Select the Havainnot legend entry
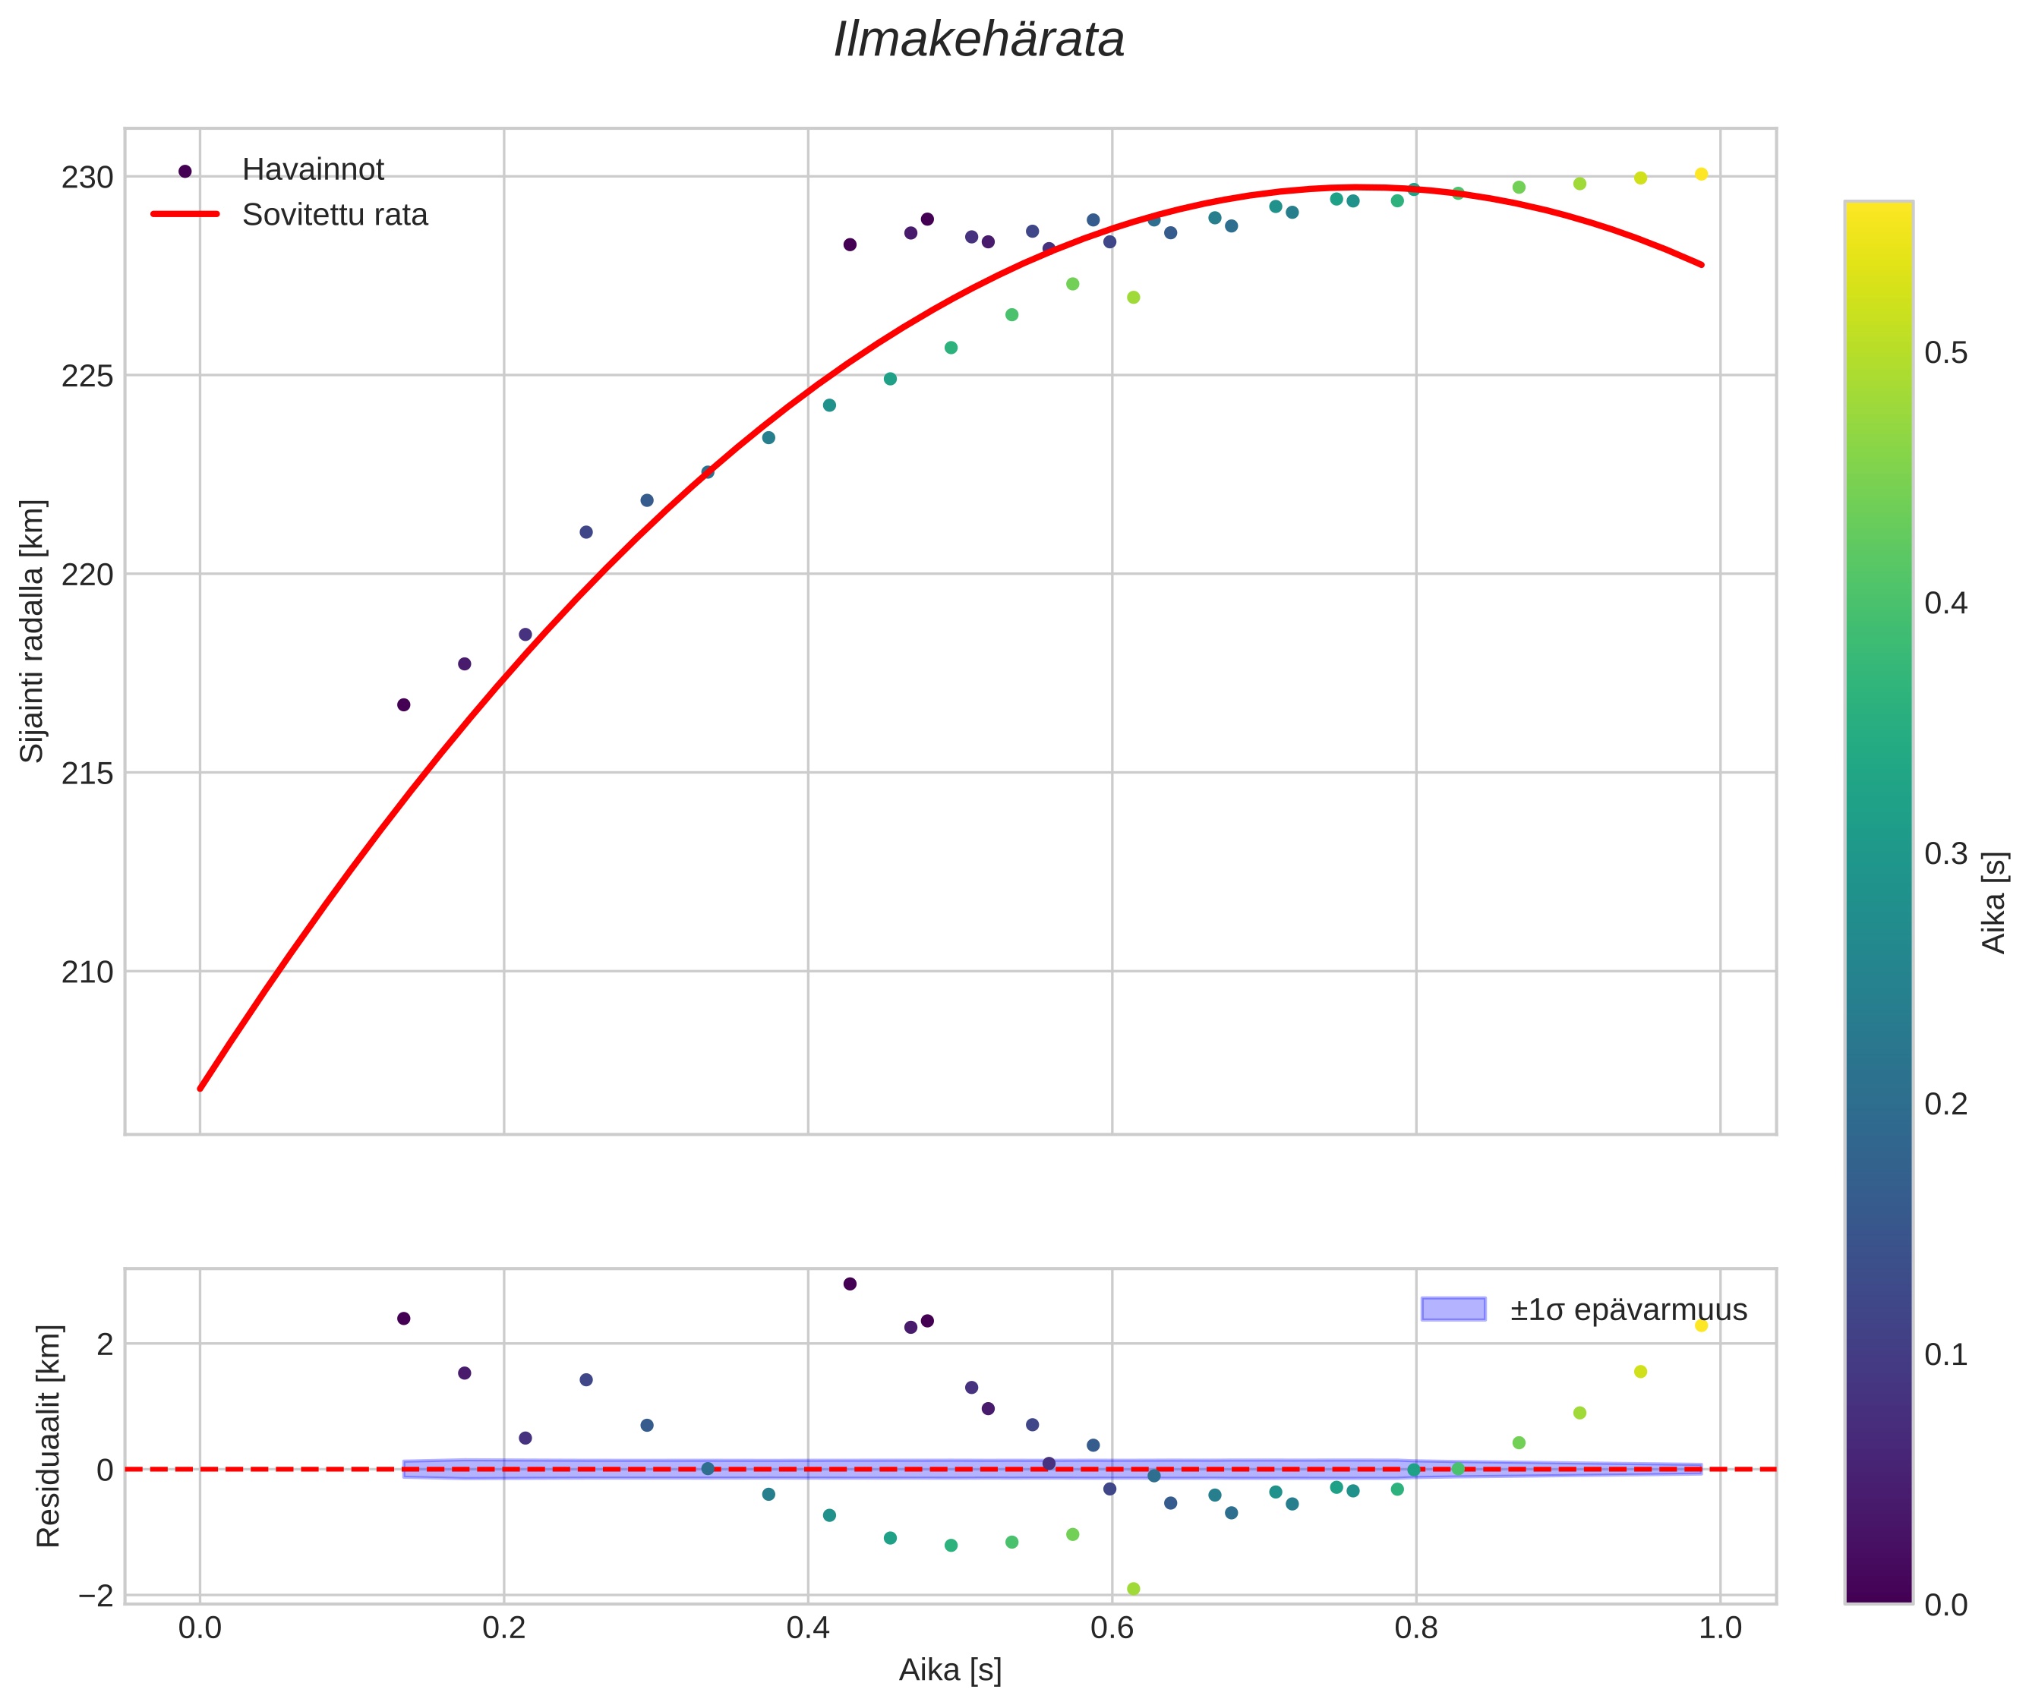point(312,170)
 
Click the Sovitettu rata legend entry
point(334,215)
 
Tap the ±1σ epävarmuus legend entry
point(1628,1309)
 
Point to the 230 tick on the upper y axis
point(87,178)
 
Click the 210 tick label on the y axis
point(87,972)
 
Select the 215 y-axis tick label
point(87,774)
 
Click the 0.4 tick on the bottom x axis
point(807,1628)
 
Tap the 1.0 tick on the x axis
point(1720,1628)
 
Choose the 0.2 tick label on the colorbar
point(1945,1104)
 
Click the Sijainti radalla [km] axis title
point(33,631)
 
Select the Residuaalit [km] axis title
point(49,1436)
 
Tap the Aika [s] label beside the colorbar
point(1993,902)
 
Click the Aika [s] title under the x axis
point(949,1670)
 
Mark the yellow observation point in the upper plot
point(1700,174)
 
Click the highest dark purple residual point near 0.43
point(850,1284)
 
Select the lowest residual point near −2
point(1133,1589)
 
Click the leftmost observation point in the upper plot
point(404,704)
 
